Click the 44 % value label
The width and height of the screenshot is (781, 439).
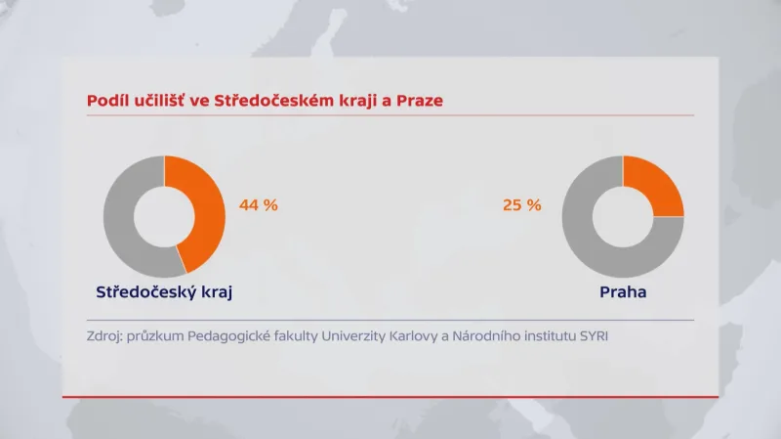click(x=259, y=205)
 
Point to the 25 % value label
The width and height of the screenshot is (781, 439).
click(x=520, y=205)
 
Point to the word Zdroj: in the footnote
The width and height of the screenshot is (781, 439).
click(x=104, y=337)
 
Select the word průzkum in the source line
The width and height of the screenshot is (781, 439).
click(x=158, y=337)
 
